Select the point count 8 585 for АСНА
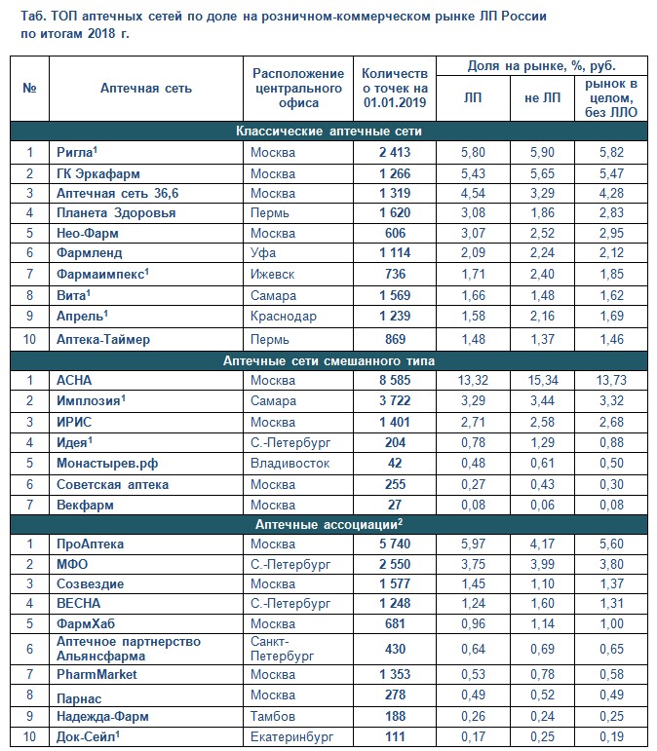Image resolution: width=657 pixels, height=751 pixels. [x=395, y=380]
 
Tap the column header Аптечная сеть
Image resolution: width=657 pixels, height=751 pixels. [x=146, y=88]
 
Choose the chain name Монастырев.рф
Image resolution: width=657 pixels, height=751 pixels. [x=103, y=463]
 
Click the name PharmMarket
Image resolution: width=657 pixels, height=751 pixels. [x=96, y=674]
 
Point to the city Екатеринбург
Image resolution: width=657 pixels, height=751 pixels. [x=289, y=736]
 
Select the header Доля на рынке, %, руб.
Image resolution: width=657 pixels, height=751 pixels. [x=542, y=66]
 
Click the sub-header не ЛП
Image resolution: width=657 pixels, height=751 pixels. [x=542, y=97]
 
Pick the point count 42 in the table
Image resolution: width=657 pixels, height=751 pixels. [x=395, y=463]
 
